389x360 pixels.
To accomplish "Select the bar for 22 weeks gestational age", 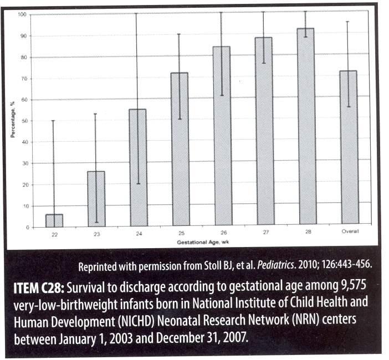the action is pos(54,220).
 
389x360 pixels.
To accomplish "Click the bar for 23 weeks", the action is pos(96,199).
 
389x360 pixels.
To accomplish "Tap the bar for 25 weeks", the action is pos(180,149).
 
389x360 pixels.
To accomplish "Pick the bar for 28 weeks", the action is pos(307,126).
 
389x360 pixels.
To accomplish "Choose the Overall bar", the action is pos(349,147).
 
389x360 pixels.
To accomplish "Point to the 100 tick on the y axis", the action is pos(22,14).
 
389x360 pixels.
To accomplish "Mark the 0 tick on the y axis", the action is pos(28,228).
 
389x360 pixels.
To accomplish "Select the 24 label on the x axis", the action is pos(139,234).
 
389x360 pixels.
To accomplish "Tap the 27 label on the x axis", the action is pos(265,232).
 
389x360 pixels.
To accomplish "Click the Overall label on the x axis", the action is pos(350,231).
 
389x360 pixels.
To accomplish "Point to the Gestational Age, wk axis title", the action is pos(203,242).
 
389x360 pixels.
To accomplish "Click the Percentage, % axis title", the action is pos(13,120).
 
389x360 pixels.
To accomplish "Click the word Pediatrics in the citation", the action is pos(275,265).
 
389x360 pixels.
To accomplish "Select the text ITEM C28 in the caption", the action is pos(39,289).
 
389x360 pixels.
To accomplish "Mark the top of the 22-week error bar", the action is pos(53,121).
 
